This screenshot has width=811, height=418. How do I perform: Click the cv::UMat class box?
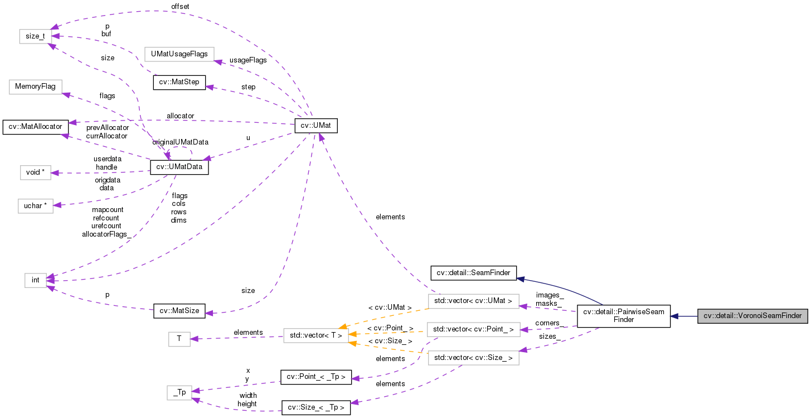point(316,126)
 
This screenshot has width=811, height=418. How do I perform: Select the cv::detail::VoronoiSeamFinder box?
point(752,316)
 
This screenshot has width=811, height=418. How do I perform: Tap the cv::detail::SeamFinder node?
point(474,272)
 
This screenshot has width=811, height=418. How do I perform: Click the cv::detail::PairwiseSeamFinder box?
point(623,316)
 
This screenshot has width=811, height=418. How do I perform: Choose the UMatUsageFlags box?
point(179,54)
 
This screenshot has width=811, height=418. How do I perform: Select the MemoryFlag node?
point(35,87)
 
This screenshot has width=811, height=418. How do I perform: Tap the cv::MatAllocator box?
point(35,126)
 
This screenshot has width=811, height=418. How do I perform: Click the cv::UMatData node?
point(179,166)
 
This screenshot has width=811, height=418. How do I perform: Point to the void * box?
point(35,172)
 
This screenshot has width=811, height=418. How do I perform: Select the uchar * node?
point(35,205)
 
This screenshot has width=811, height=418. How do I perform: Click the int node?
point(35,280)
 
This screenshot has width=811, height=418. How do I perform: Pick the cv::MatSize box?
point(179,311)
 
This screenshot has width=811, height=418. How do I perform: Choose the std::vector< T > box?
point(316,335)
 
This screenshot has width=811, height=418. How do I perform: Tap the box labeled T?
point(179,339)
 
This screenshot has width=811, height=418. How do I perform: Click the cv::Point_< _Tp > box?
point(316,377)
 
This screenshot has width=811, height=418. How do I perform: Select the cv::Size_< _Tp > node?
point(316,407)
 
